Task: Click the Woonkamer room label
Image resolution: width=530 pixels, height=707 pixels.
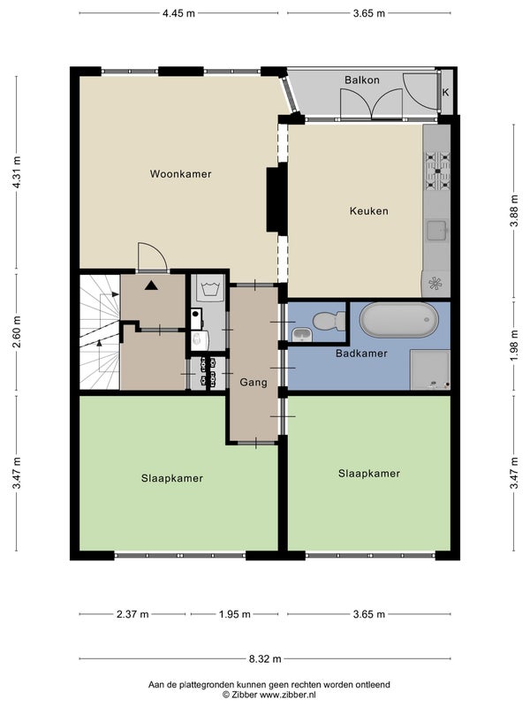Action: (x=180, y=174)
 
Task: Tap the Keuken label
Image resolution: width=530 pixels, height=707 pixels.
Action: (x=368, y=211)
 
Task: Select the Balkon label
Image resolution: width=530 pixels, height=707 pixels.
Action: (x=362, y=80)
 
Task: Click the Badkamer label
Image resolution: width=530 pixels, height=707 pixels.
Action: (x=361, y=353)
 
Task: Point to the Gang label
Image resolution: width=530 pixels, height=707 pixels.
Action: (x=254, y=383)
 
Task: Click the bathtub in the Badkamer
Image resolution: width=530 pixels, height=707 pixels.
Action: (x=399, y=320)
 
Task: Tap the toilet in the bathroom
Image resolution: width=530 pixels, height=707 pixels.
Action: (x=329, y=321)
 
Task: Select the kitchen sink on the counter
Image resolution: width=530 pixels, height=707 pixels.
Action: (x=436, y=231)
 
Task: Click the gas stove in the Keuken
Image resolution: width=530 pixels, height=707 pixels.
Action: (x=437, y=171)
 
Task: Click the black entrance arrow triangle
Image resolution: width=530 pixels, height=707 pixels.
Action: (x=151, y=285)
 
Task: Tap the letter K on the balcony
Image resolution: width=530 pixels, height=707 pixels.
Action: (x=446, y=93)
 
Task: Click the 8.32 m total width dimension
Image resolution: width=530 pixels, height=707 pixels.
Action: (x=265, y=658)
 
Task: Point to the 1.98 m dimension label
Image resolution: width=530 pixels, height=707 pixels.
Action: (x=514, y=345)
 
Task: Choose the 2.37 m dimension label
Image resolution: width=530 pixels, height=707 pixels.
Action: (x=132, y=614)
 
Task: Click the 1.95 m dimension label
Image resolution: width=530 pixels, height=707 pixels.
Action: (x=235, y=614)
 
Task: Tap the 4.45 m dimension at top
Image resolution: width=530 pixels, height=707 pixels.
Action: (x=179, y=13)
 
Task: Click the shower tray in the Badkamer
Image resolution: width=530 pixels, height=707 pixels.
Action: (x=430, y=370)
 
